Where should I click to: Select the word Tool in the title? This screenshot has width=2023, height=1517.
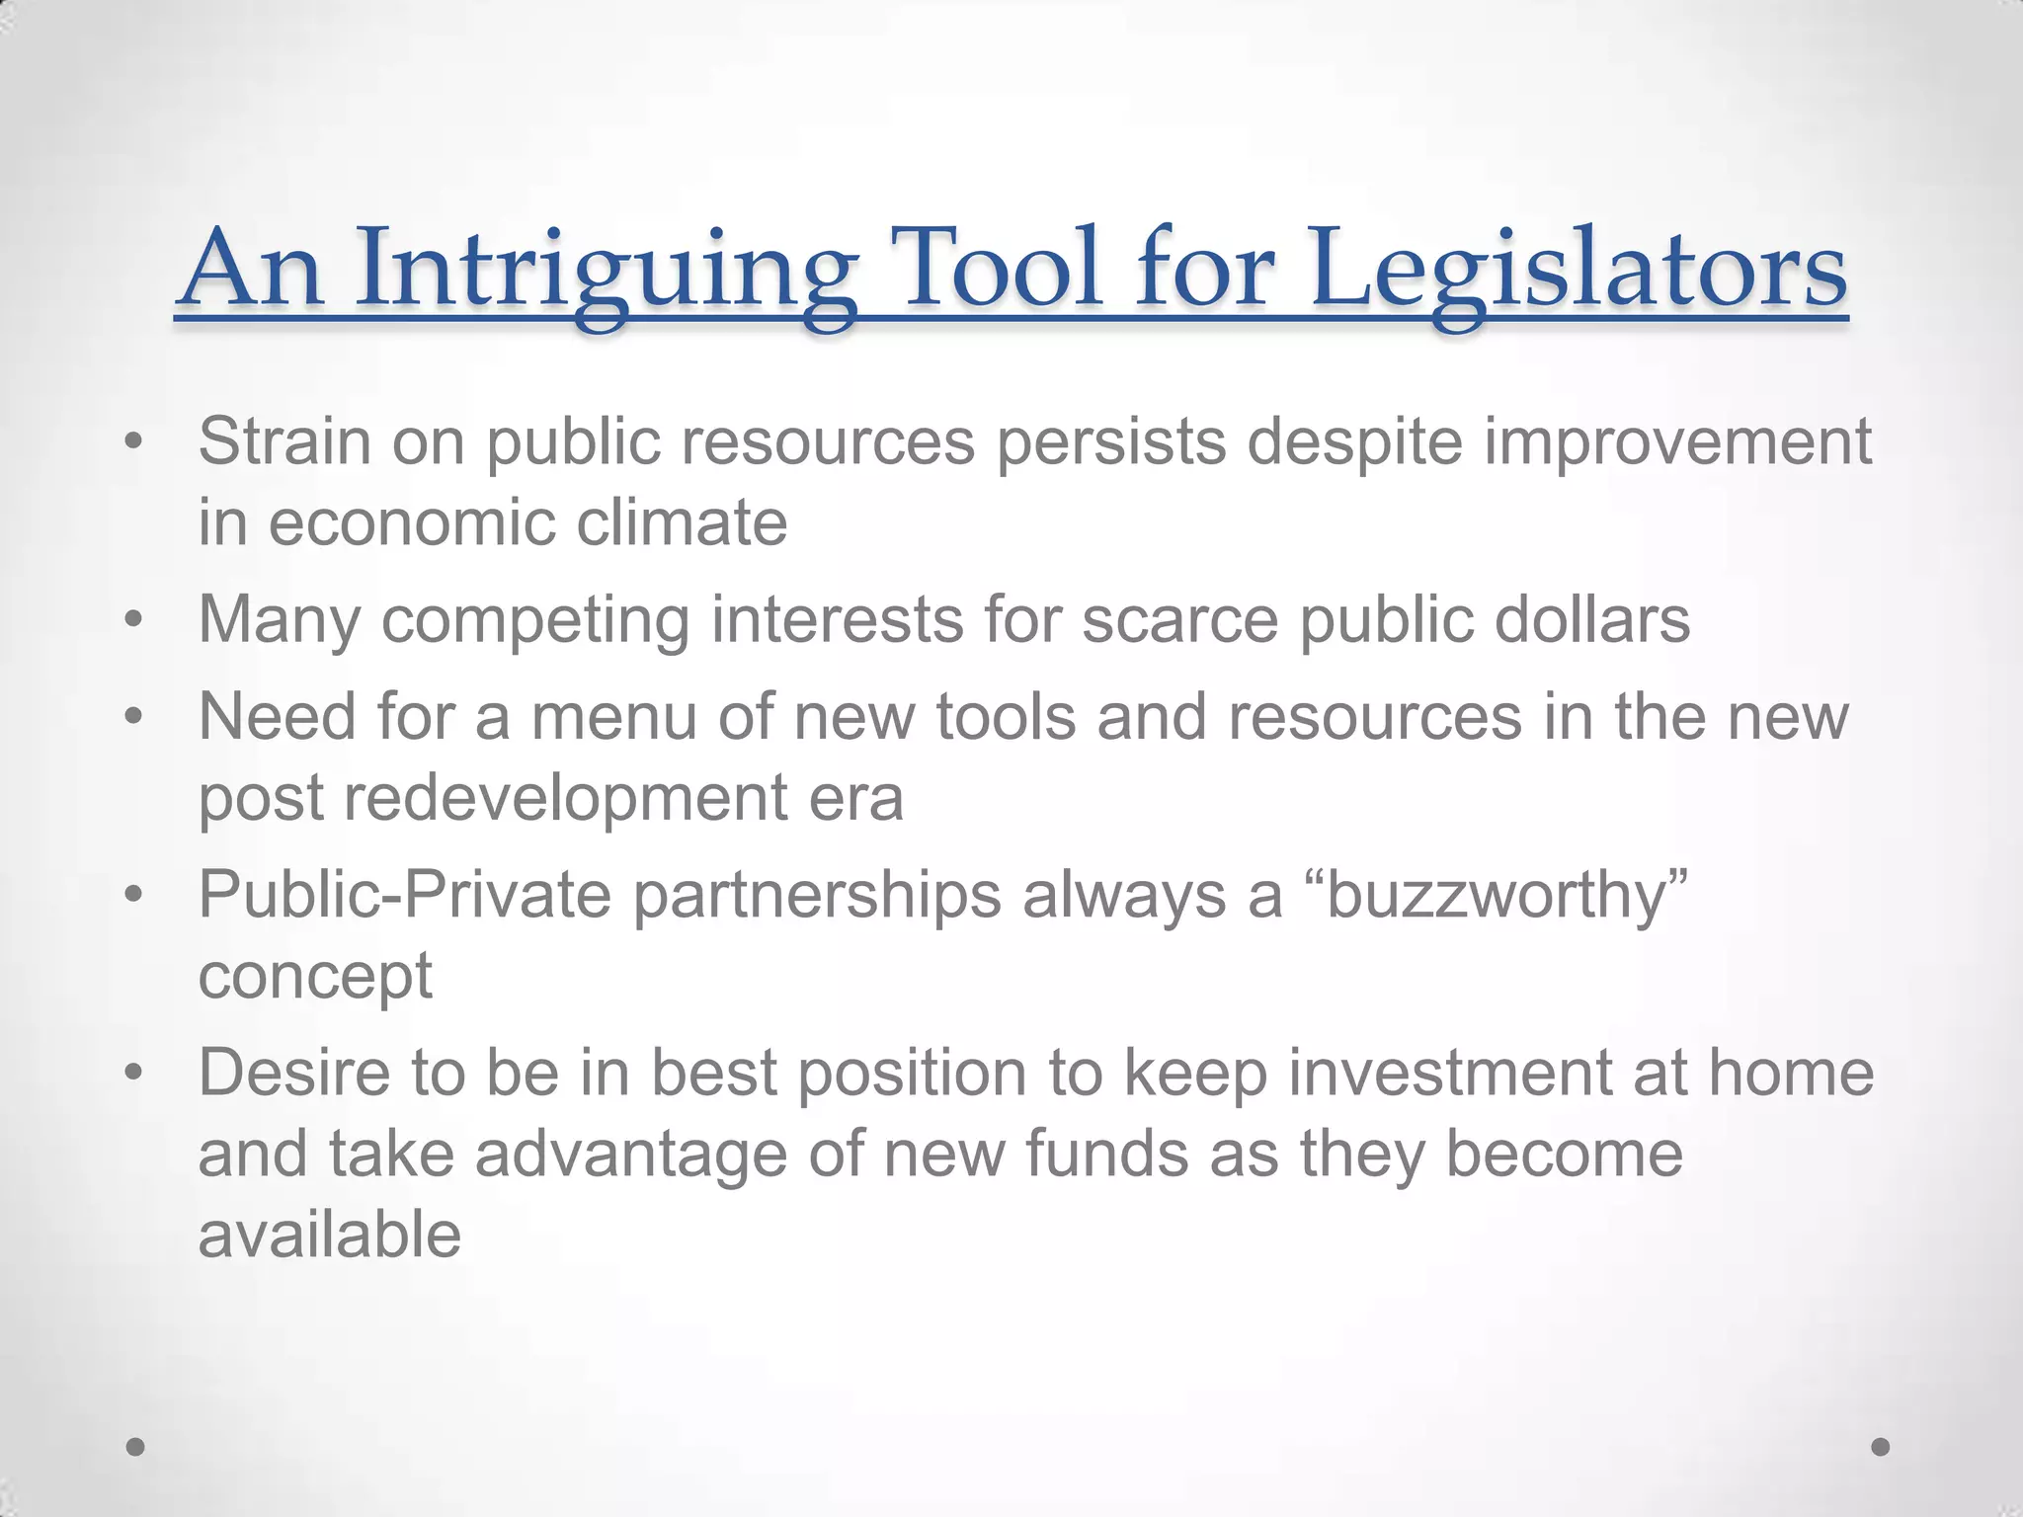[999, 269]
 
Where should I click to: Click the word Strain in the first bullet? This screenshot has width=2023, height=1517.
[284, 441]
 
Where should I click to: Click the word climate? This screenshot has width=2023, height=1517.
[682, 522]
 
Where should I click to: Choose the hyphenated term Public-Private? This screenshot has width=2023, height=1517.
[405, 897]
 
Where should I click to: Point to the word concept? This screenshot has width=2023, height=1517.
[315, 978]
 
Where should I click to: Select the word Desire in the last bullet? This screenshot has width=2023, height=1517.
[294, 1074]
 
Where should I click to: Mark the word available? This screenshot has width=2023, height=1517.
[330, 1235]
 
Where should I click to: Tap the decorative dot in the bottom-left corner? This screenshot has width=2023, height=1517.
[136, 1447]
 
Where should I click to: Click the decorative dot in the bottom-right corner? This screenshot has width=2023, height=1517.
[1881, 1447]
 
